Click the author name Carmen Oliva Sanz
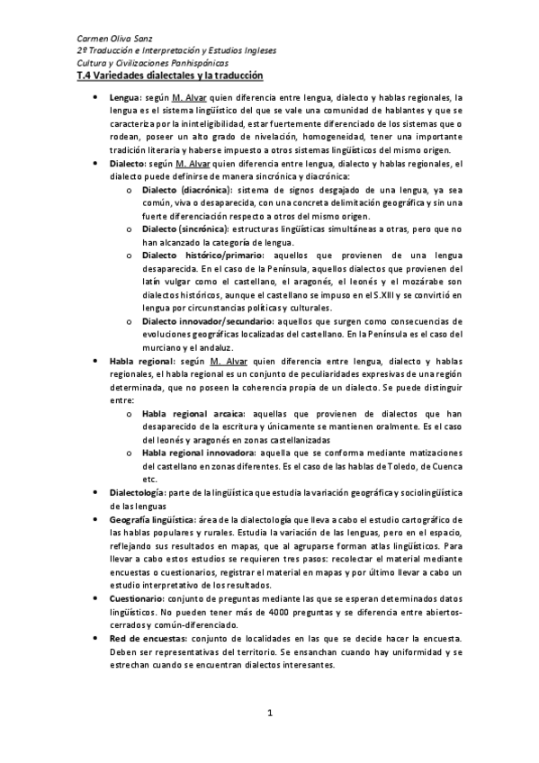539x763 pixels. (115, 39)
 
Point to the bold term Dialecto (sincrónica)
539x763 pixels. (186, 230)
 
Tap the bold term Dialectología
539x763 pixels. (137, 493)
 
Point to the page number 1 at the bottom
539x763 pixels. (269, 713)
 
